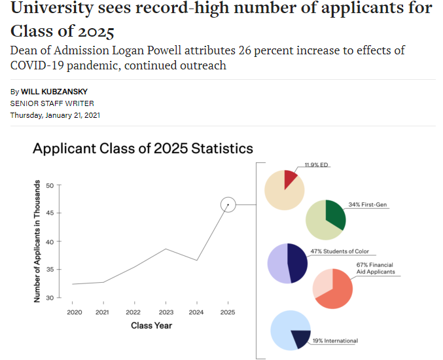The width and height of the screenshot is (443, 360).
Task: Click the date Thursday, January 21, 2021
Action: point(55,115)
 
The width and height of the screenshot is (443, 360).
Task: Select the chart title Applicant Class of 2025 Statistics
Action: point(143,148)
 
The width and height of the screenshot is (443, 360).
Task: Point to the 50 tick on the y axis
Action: point(51,185)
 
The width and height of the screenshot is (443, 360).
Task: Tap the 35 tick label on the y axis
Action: point(50,270)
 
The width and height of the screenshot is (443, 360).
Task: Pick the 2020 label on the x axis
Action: point(74,312)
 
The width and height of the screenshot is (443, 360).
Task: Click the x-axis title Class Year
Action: point(151,325)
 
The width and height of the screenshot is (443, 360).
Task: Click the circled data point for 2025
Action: point(227,205)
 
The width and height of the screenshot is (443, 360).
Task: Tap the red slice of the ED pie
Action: point(290,178)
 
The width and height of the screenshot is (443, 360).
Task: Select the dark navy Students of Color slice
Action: point(296,263)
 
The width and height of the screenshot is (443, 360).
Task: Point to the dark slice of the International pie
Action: point(300,338)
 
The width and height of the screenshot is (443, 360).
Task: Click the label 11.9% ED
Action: point(317,165)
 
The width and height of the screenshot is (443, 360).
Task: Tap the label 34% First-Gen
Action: point(368,204)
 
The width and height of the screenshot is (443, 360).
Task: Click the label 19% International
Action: point(336,340)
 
